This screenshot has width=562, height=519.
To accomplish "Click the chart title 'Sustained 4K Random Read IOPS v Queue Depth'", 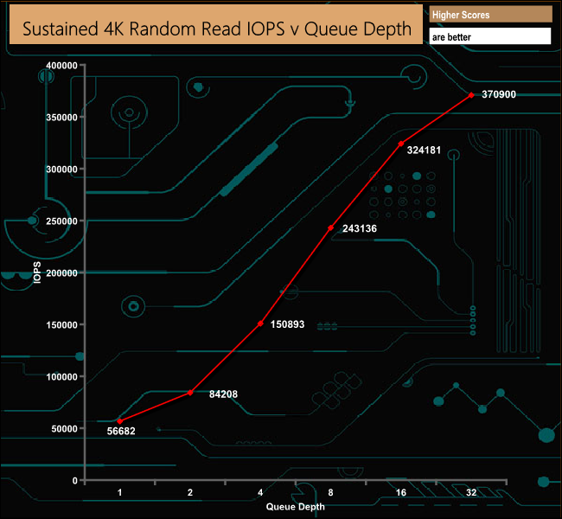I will pos(216,28).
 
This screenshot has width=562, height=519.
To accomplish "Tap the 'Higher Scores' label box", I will pos(489,15).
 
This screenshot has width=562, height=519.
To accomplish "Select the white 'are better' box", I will pos(489,37).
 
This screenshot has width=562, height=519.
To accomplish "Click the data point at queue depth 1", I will pos(119,421).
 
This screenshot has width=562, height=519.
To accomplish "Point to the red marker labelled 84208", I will pos(190,393).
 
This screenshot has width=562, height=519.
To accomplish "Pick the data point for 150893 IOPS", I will pos(260,324).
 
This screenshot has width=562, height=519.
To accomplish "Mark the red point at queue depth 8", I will pos(330,227).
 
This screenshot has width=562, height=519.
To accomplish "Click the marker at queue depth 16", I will pos(401,144).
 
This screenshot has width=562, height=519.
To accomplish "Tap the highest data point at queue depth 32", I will pos(471,95).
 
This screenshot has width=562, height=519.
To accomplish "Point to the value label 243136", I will pos(359,229).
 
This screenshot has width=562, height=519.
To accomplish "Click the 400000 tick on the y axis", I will pos(61,66).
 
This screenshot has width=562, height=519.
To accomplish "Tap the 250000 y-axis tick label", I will pos(61,221).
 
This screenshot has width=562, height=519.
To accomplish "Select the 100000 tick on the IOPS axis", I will pos(61,377).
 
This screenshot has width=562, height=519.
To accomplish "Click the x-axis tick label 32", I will pos(471,492).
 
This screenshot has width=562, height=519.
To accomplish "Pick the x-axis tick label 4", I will pos(260,492).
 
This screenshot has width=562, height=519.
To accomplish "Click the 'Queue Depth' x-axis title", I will pos(296,507).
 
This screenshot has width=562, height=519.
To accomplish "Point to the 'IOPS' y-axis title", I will pos(36,272).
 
